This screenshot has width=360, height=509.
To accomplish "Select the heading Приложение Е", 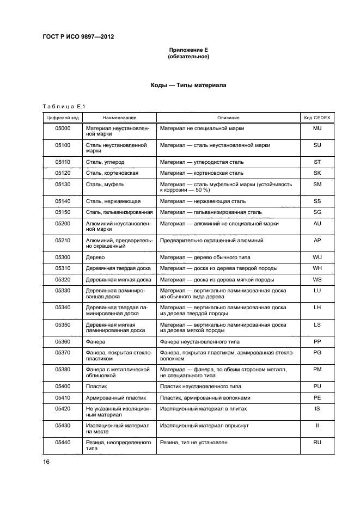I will pyautogui.click(x=188, y=50).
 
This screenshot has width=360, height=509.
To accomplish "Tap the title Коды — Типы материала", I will pyautogui.click(x=188, y=85).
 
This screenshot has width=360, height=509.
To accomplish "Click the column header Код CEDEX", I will pyautogui.click(x=317, y=118).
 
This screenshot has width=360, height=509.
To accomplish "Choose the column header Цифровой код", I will pyautogui.click(x=63, y=118).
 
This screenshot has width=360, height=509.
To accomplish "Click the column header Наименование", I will pyautogui.click(x=119, y=118).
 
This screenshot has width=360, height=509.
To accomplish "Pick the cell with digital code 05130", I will pyautogui.click(x=63, y=185).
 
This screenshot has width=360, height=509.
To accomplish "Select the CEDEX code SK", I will pyautogui.click(x=317, y=173).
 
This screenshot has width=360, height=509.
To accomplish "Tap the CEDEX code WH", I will pyautogui.click(x=317, y=268).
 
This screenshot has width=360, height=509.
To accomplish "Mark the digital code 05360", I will pyautogui.click(x=63, y=341).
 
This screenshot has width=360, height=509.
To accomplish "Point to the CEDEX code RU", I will pyautogui.click(x=317, y=443).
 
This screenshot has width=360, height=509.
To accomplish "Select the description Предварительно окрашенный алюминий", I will pyautogui.click(x=211, y=240).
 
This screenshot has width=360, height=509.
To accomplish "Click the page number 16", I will pyautogui.click(x=46, y=462).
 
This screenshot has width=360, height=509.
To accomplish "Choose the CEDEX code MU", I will pyautogui.click(x=317, y=128).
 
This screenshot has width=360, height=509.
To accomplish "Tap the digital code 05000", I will pyautogui.click(x=63, y=128).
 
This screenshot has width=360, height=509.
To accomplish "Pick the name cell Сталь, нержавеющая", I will pyautogui.click(x=113, y=201).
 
